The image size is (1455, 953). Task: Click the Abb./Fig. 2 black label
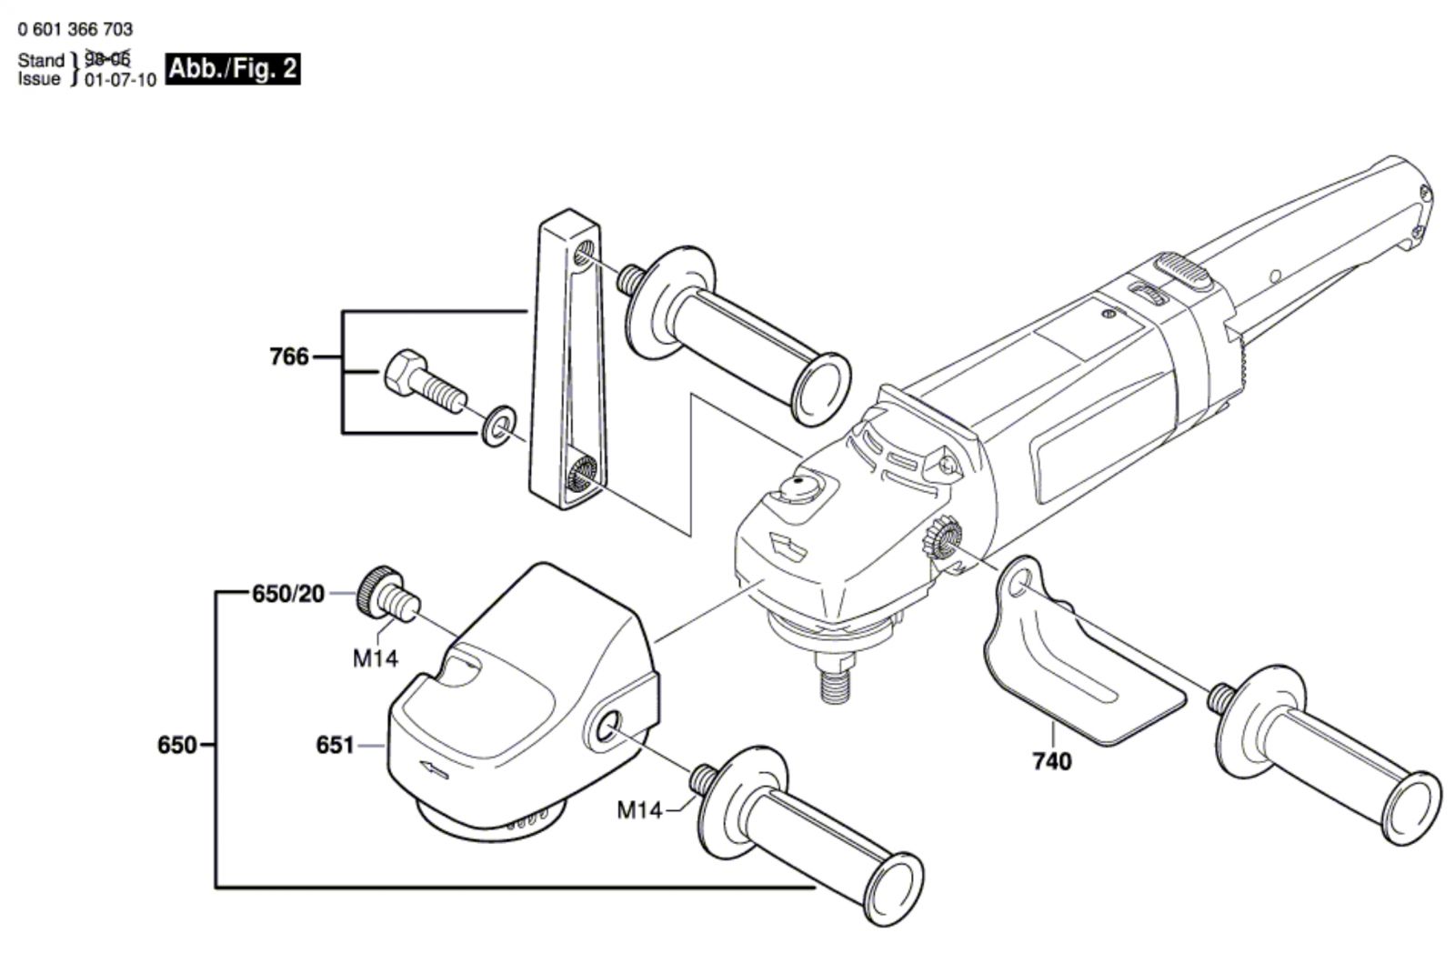232,69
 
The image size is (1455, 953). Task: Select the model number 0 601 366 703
75,30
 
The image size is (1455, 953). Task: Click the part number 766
289,356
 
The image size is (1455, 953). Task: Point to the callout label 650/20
287,595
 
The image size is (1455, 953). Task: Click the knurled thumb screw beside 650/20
386,593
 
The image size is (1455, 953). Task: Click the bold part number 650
176,746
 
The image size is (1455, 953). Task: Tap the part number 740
1052,760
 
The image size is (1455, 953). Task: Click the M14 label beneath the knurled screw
376,658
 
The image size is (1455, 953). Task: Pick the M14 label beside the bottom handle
639,809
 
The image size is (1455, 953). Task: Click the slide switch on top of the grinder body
1182,270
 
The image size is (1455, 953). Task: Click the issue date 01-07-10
120,80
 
